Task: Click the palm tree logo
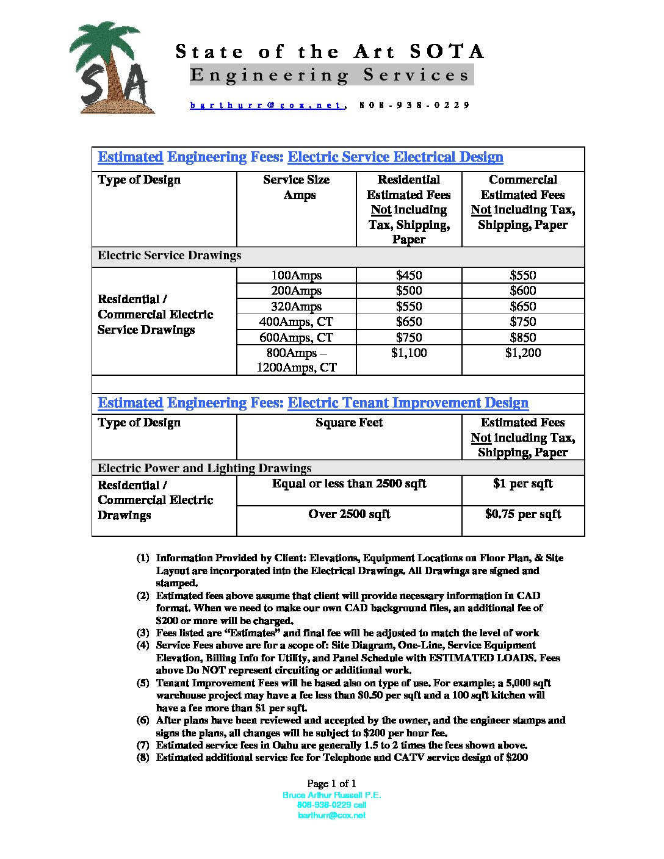110,68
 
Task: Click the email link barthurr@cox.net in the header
267,105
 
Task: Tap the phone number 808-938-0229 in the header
414,105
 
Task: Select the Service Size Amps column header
297,187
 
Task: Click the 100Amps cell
297,275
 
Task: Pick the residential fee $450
408,275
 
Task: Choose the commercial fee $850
523,337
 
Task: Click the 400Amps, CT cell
297,322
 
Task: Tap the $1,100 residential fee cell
408,353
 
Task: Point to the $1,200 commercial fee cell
523,353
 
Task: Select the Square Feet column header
349,423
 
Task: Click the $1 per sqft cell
523,484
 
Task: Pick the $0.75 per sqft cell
523,514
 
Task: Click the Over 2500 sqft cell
349,514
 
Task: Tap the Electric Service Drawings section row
170,256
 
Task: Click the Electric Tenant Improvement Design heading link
408,403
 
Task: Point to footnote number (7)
143,745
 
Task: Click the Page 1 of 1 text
331,783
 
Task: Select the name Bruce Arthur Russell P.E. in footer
331,795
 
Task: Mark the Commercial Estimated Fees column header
523,202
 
